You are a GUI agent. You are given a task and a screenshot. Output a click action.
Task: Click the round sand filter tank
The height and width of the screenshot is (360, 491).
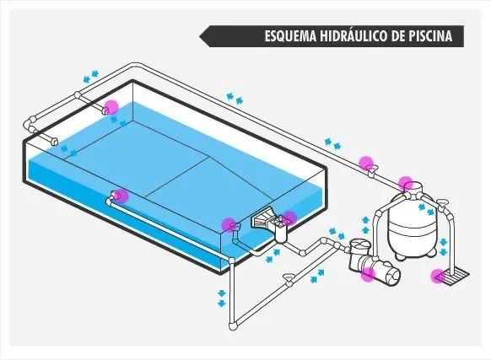(x=411, y=221)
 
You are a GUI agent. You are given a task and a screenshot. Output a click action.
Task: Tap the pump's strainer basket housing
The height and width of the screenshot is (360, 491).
(x=359, y=250)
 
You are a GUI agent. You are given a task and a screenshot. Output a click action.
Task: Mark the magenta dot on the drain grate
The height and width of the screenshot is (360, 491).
(x=439, y=274)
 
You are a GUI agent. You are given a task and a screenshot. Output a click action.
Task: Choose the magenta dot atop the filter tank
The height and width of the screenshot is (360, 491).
(x=406, y=182)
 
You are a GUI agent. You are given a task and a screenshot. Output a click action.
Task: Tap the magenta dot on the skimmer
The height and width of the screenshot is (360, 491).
(x=289, y=218)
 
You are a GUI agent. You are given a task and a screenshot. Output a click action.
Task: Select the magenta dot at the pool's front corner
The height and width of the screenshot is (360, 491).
(x=228, y=224)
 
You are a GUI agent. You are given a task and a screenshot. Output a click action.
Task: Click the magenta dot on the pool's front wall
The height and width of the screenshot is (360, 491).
(x=121, y=196)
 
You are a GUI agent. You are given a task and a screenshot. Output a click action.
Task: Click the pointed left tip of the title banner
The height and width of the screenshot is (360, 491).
(x=201, y=36)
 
